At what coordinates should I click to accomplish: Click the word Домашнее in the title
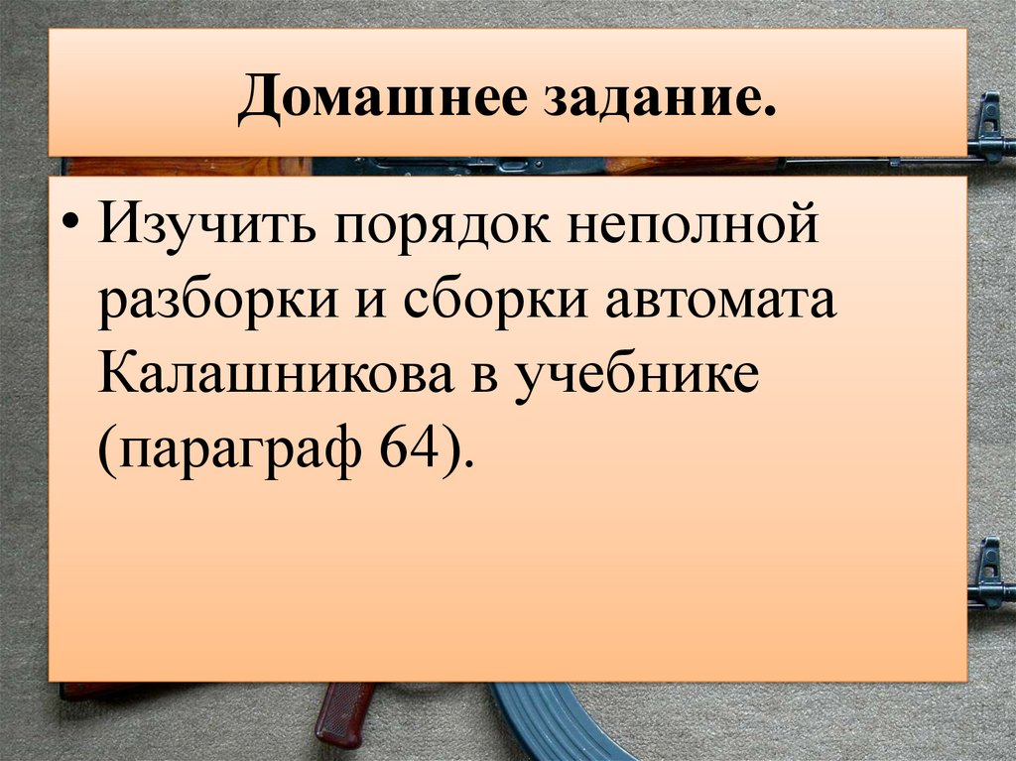pyautogui.click(x=376, y=102)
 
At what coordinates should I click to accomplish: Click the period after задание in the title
pyautogui.click(x=768, y=115)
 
